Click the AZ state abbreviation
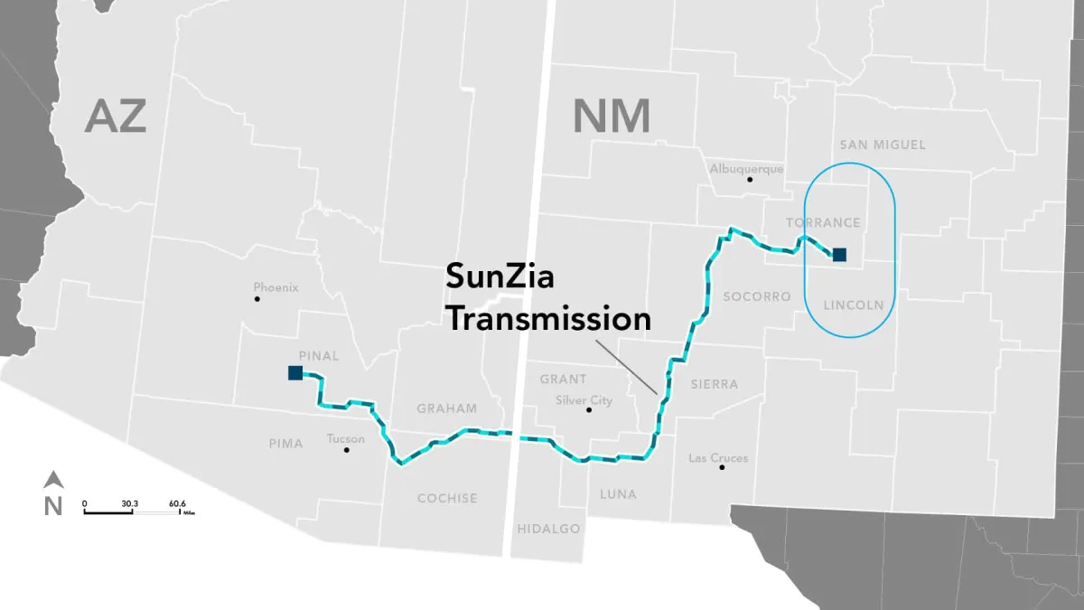[116, 117]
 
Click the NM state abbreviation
[612, 117]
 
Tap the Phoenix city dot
[257, 299]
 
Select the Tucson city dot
[346, 449]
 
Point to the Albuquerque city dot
[749, 179]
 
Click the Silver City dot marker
[589, 409]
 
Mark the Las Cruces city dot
[721, 467]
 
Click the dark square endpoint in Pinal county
[294, 372]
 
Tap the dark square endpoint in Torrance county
[839, 255]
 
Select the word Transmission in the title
[548, 318]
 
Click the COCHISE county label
[447, 498]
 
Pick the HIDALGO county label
[548, 529]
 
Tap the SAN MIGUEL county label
[883, 145]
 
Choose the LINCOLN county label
[854, 305]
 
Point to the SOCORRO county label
[757, 296]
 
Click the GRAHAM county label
[446, 408]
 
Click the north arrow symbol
[53, 480]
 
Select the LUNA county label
[618, 494]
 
